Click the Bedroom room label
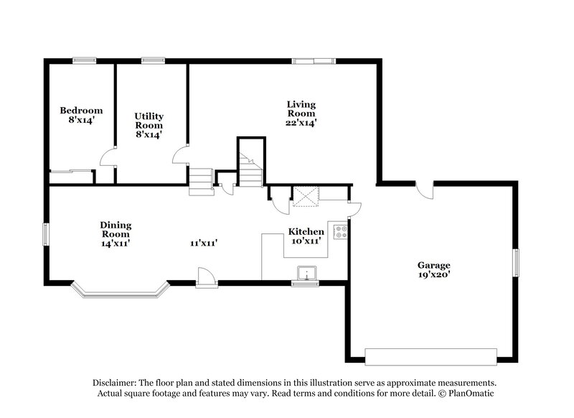81,111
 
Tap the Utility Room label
149,116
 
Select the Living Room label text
301,108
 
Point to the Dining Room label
116,229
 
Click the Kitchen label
306,232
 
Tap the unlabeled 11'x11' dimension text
204,243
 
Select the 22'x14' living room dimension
301,123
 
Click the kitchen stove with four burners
342,232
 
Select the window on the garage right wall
514,262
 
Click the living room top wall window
313,61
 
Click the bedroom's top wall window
85,61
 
